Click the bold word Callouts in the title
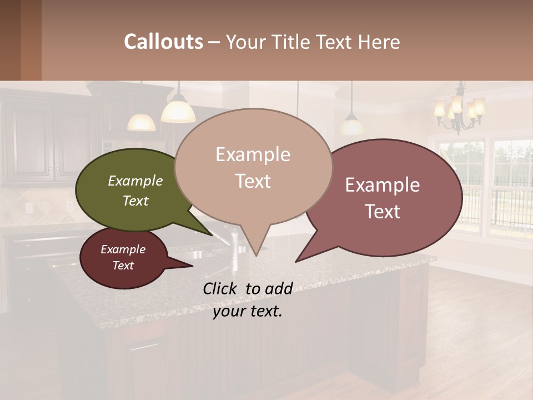[x=163, y=42]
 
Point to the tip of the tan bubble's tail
[x=255, y=255]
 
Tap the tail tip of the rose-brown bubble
[x=296, y=261]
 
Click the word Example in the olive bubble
[x=135, y=181]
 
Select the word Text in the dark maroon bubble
[x=123, y=266]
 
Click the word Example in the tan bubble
[x=253, y=154]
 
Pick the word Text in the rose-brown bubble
[x=383, y=212]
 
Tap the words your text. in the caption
[x=248, y=311]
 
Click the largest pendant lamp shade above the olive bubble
[x=178, y=111]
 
